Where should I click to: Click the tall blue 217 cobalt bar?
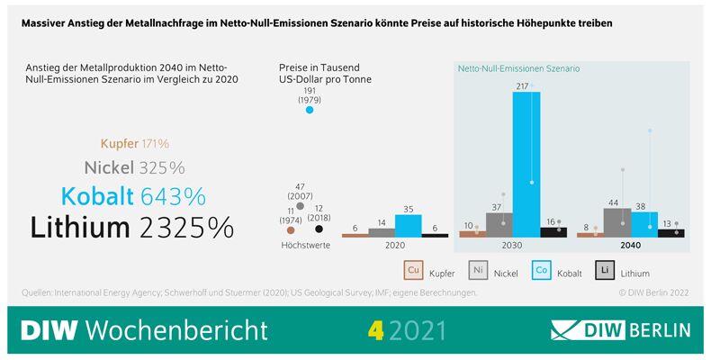526,162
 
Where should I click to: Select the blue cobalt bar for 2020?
409,225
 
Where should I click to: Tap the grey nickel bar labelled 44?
617,222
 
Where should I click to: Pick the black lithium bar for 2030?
553,232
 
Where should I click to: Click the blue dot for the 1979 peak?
310,110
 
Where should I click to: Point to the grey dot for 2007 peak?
300,206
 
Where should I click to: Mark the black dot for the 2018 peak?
319,229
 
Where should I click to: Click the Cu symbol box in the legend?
415,270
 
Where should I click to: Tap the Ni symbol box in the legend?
479,270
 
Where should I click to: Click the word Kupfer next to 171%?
119,143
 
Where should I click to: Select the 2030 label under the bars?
513,245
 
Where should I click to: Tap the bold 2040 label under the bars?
631,245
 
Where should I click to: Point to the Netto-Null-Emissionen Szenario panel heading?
519,68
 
